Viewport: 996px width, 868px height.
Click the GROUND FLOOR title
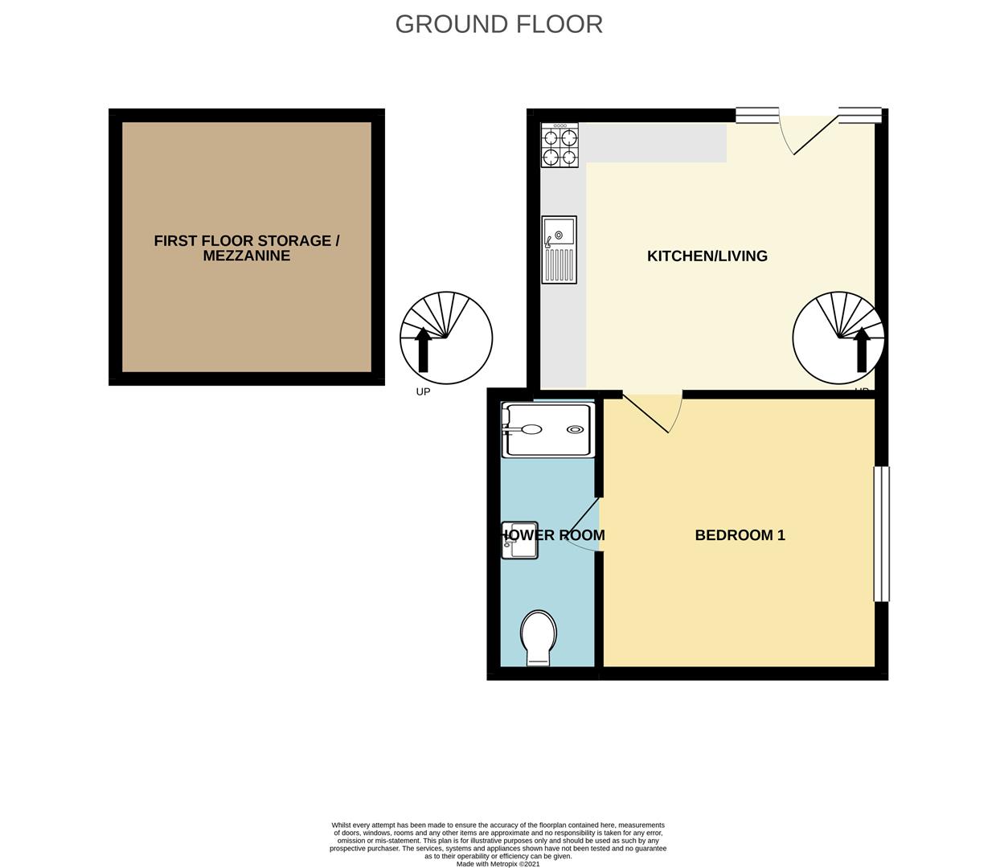pyautogui.click(x=498, y=24)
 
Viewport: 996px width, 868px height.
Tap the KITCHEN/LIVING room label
pyautogui.click(x=707, y=256)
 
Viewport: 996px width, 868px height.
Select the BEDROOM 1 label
pyautogui.click(x=740, y=534)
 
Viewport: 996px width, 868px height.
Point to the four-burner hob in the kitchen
pyautogui.click(x=559, y=145)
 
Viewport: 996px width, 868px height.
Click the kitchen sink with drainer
pyautogui.click(x=559, y=249)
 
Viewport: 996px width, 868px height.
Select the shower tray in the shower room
pyautogui.click(x=547, y=429)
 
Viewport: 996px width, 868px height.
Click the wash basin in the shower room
pyautogui.click(x=519, y=541)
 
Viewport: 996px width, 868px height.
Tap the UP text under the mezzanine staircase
pyautogui.click(x=423, y=392)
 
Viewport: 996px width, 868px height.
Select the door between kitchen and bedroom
pyautogui.click(x=653, y=411)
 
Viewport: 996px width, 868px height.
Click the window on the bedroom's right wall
pyautogui.click(x=881, y=534)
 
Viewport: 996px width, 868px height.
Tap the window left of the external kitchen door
pyautogui.click(x=756, y=116)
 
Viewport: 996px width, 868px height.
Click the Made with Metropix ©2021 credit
pyautogui.click(x=498, y=864)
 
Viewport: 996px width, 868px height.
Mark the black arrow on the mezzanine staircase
pyautogui.click(x=423, y=351)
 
